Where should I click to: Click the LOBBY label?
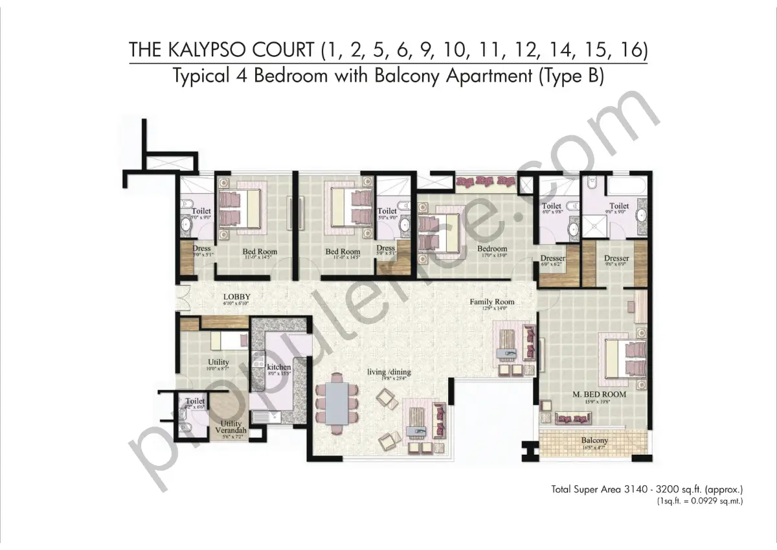(x=236, y=297)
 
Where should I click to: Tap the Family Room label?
(x=492, y=302)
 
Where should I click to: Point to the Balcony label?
(x=594, y=441)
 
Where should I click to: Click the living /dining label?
(x=389, y=372)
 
